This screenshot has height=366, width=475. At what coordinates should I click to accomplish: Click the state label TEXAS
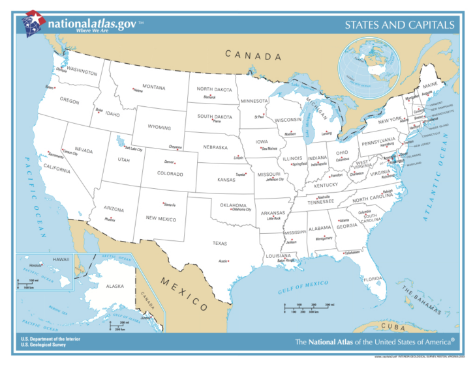[x=219, y=243]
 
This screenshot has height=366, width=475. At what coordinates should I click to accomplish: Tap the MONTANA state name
[x=153, y=87]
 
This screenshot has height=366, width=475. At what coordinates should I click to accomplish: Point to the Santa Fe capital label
[x=169, y=204]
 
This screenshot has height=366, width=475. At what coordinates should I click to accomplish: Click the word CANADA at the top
[x=254, y=55]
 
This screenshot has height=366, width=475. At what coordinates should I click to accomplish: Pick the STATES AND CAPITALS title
[x=399, y=25]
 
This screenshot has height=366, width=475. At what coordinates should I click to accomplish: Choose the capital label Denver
[x=170, y=162]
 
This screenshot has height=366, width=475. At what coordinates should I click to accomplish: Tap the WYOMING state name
[x=159, y=128]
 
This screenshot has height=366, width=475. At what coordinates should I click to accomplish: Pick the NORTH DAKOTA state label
[x=214, y=89]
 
